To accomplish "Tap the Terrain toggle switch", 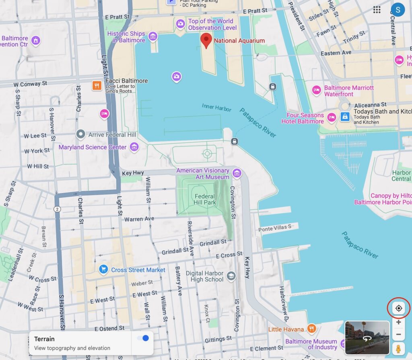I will (x=143, y=338).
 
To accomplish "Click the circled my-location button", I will (x=399, y=309).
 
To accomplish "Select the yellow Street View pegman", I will (x=398, y=348).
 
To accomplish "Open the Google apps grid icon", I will (x=377, y=10).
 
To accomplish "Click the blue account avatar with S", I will (x=398, y=10).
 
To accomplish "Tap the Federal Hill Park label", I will (x=205, y=200).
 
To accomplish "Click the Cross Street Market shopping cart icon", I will (x=103, y=269).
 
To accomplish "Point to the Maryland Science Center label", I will (x=93, y=147).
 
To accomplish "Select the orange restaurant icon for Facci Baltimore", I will (x=97, y=85).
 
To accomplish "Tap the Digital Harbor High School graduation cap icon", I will (x=231, y=276).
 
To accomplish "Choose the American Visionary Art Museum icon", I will (x=237, y=173).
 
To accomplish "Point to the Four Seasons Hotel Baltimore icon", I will (x=332, y=117).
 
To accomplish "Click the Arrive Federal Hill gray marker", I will (x=81, y=134).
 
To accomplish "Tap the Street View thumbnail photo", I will (x=367, y=337).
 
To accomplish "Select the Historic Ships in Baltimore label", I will (x=126, y=37).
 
